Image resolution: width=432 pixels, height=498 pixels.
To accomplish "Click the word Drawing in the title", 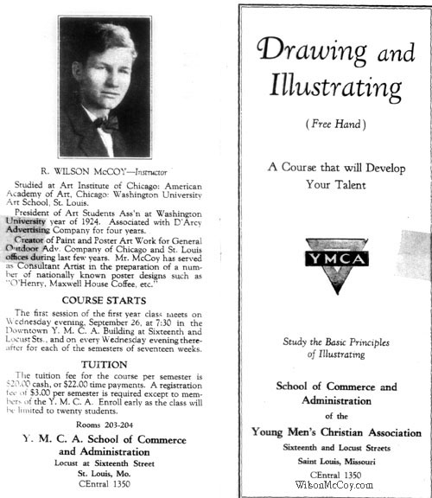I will [307, 52].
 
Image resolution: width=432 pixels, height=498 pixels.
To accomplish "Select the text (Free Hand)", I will [336, 124].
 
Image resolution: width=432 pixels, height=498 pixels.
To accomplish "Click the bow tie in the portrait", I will [106, 123].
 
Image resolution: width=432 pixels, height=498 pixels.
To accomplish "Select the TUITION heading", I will [102, 364].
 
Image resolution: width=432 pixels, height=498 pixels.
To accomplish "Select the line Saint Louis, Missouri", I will [336, 463].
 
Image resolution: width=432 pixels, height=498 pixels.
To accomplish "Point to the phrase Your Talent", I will [336, 184].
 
